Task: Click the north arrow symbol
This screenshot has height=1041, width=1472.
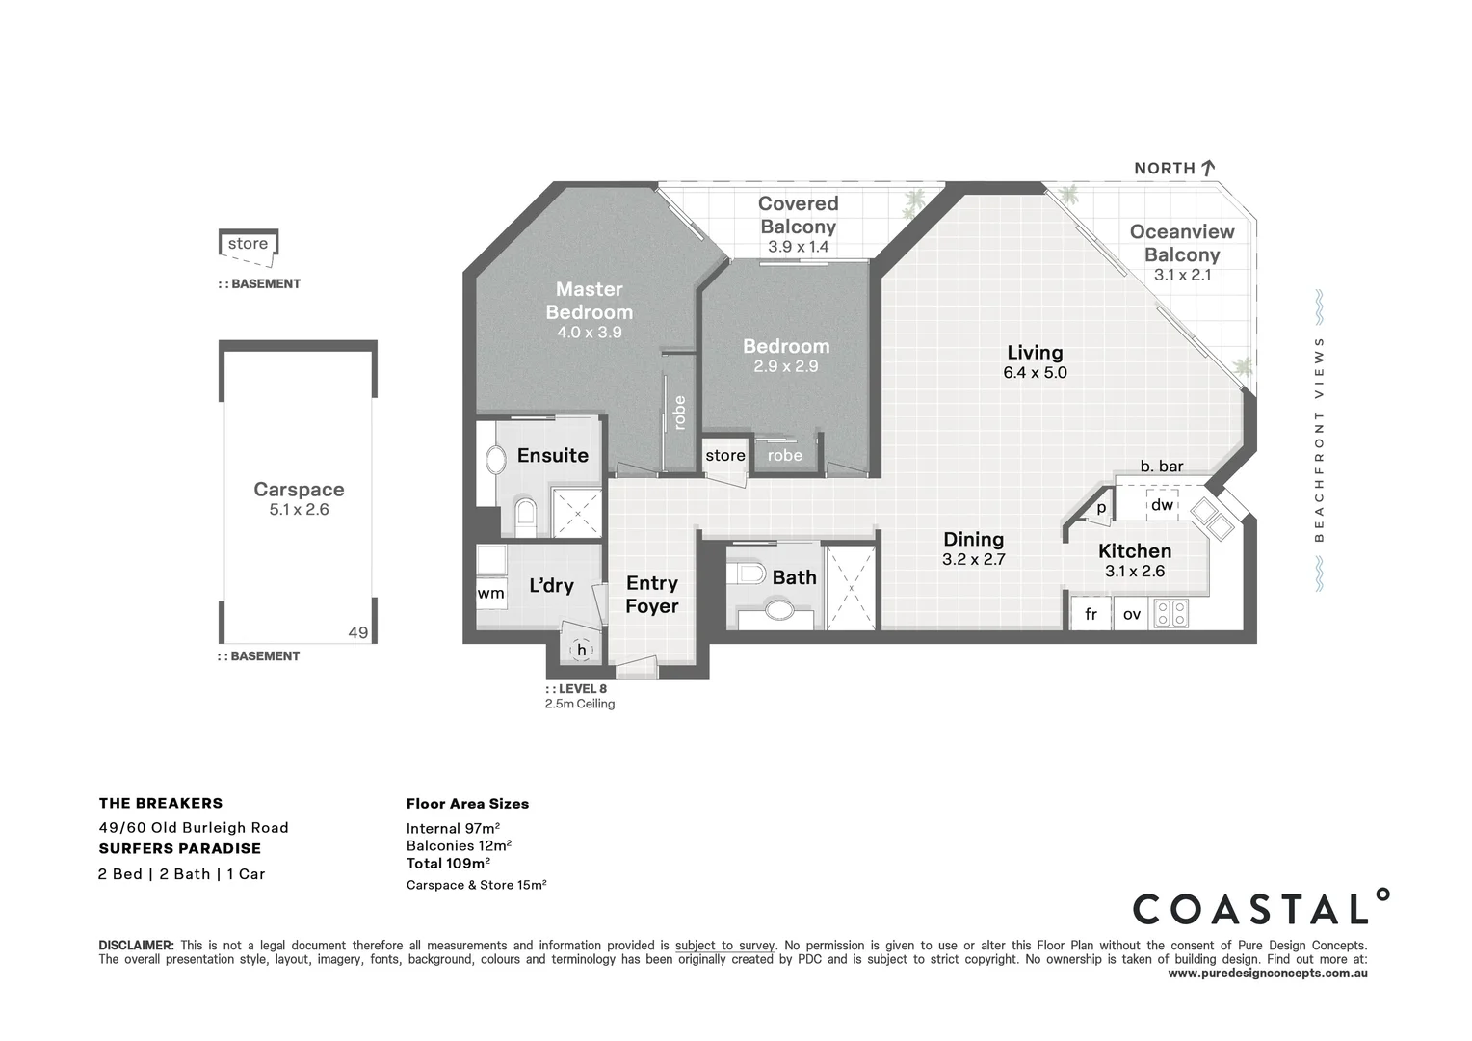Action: (1207, 168)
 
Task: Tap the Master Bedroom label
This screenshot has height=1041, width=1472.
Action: (589, 301)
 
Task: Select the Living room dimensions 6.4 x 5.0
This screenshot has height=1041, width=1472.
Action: (1035, 373)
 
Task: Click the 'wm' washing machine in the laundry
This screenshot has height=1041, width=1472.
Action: (490, 593)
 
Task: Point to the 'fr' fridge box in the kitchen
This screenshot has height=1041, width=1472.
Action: (1091, 614)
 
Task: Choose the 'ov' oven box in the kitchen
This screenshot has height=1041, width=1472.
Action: (1131, 614)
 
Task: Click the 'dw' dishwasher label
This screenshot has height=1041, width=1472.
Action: (1162, 505)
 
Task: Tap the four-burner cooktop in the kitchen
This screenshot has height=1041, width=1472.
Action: (1171, 613)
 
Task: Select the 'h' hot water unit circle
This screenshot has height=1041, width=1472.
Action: (581, 651)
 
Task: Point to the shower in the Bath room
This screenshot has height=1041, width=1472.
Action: (851, 587)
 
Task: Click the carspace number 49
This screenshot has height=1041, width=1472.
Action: (357, 633)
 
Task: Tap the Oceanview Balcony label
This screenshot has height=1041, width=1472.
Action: (1181, 243)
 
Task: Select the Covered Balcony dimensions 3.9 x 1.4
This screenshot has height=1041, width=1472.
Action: (798, 247)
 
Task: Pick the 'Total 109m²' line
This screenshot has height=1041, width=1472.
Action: (448, 864)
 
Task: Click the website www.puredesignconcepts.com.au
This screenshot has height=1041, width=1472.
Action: (1267, 974)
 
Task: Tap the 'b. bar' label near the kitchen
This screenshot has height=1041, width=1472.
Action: (1161, 467)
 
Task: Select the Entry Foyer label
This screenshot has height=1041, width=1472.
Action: (651, 595)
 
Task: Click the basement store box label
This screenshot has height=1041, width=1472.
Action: (248, 244)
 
